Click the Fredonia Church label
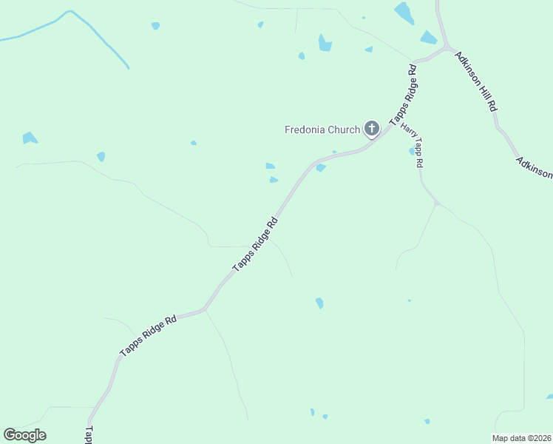click(322, 129)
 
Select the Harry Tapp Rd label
click(412, 145)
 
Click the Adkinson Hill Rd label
click(476, 81)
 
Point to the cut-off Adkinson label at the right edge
click(535, 167)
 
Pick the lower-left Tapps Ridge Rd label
click(149, 337)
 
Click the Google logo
click(24, 435)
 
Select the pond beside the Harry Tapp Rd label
click(412, 151)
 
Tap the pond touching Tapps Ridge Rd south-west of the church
click(320, 168)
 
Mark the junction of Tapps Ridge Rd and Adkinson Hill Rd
click(447, 49)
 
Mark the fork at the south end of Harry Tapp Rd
click(437, 202)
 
